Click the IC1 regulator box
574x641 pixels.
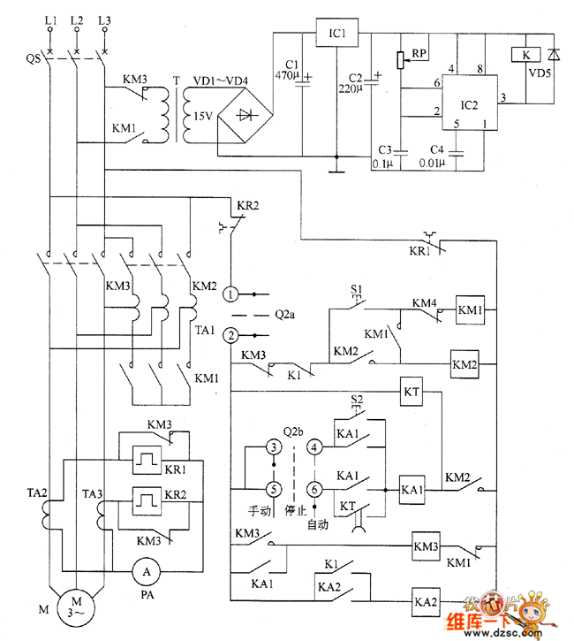tap(336, 35)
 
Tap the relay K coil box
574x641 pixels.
tap(525, 55)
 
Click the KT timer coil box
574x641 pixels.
tap(412, 390)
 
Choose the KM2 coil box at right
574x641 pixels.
tap(464, 363)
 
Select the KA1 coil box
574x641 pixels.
tap(413, 489)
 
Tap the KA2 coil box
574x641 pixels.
tap(426, 601)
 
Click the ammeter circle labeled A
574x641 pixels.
tap(146, 573)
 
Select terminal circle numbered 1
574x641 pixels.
tap(230, 293)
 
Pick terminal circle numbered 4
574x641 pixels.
tap(315, 447)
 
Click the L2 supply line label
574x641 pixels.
tap(76, 19)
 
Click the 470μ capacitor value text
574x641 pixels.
tap(288, 77)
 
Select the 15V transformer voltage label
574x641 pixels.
tap(202, 116)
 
